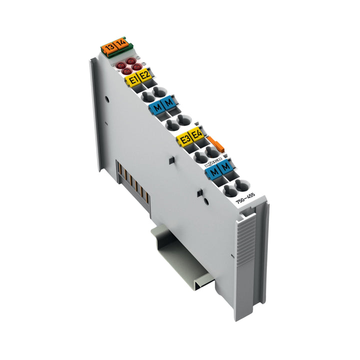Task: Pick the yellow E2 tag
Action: coord(144,75)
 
